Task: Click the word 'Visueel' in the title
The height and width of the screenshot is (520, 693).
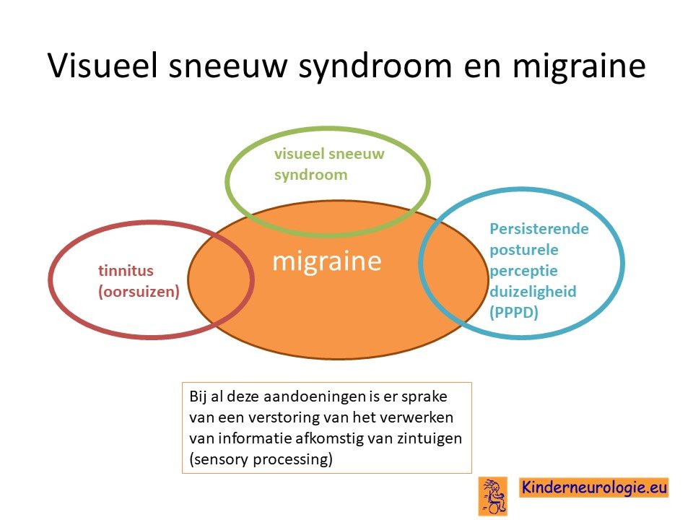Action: (x=103, y=65)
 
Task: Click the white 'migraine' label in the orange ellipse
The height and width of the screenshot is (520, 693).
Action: (x=326, y=261)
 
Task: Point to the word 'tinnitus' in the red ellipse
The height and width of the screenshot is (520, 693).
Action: (x=126, y=270)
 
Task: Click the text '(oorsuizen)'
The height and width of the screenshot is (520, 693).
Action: (x=139, y=291)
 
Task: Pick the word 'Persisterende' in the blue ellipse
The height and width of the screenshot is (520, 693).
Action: (x=539, y=229)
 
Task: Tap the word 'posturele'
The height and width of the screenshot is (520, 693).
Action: (x=524, y=250)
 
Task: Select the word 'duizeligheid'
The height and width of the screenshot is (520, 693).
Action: (x=533, y=291)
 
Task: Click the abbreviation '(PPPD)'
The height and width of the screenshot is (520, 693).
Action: (x=514, y=312)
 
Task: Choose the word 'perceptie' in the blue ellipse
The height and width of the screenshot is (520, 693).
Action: (x=524, y=271)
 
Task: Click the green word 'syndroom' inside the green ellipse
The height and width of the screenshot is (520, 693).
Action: (x=310, y=175)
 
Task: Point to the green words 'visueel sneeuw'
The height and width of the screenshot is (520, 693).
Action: (x=329, y=154)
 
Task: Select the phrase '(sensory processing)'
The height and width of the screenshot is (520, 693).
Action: (x=261, y=459)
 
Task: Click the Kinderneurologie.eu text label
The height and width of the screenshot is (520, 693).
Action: (x=593, y=487)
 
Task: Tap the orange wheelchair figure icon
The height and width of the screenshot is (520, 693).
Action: (x=493, y=496)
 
